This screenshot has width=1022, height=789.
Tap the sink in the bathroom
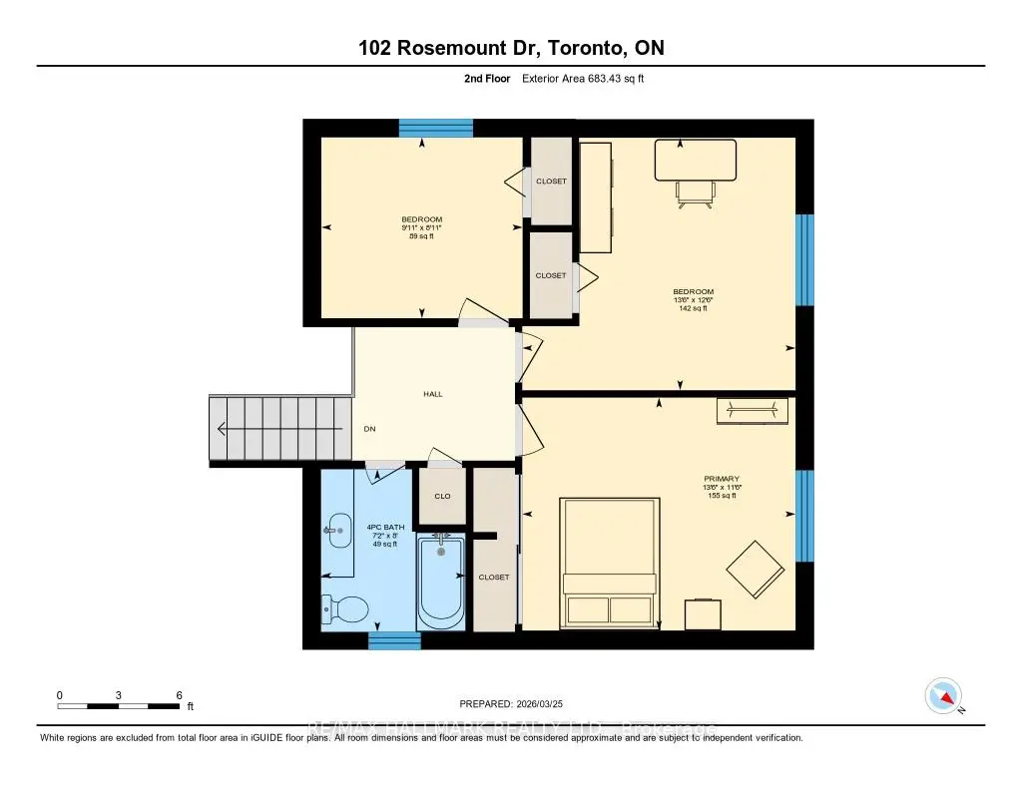[x=337, y=531]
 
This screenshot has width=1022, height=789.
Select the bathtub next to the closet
[x=440, y=582]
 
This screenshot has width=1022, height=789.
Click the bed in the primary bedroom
[x=610, y=564]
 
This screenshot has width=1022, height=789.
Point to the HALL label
[x=432, y=394]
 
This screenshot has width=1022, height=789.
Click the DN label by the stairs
[x=369, y=429]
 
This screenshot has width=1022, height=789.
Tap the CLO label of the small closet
[x=442, y=496]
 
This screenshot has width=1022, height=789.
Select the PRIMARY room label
[x=721, y=479]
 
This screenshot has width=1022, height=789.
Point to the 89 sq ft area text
[x=421, y=236]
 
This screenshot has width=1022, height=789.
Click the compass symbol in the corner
[x=943, y=695]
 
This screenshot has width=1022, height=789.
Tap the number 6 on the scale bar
[x=179, y=694]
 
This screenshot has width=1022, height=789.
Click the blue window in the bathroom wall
[x=387, y=640]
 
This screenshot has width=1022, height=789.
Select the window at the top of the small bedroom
[x=436, y=128]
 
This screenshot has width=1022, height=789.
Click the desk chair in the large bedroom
[x=696, y=193]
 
